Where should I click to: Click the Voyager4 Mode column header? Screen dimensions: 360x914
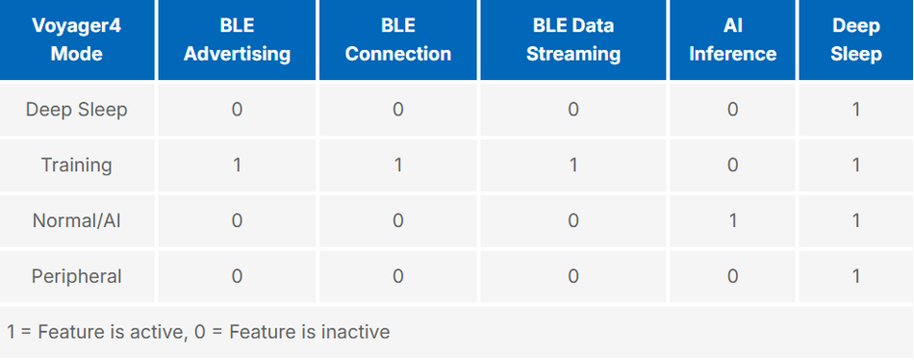(76, 40)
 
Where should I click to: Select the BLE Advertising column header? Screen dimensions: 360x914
(237, 40)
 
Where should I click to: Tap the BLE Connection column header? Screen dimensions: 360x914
(397, 40)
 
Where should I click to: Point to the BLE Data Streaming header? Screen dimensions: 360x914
(572, 40)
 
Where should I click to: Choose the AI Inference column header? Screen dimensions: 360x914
(732, 40)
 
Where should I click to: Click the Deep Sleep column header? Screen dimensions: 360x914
(855, 40)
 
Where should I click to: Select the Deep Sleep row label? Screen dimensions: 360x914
(76, 109)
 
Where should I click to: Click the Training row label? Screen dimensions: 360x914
(76, 165)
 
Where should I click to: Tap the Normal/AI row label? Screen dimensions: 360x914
(76, 220)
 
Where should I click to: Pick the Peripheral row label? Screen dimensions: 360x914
(76, 276)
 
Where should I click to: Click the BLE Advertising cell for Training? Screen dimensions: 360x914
(237, 165)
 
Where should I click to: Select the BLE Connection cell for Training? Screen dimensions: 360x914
(397, 165)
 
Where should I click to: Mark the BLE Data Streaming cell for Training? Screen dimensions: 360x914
(572, 165)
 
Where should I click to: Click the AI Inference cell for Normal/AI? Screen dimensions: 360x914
(732, 220)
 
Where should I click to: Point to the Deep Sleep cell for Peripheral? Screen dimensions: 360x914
(855, 276)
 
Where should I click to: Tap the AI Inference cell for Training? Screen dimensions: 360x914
(732, 165)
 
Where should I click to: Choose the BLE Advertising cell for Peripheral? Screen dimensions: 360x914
(237, 276)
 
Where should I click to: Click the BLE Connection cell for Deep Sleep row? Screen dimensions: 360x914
(397, 109)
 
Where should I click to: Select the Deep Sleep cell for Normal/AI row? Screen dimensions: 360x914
(855, 220)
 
